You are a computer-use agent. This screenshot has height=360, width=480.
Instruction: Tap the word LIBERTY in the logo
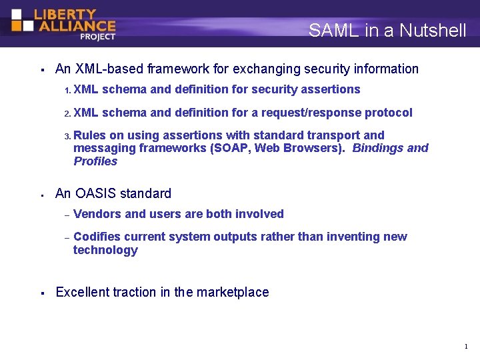click(x=65, y=14)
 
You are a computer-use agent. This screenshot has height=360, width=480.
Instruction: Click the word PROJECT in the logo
click(x=97, y=37)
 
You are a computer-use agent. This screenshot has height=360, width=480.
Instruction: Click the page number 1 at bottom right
click(x=465, y=347)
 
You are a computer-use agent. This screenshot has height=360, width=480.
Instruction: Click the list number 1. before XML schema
click(x=67, y=90)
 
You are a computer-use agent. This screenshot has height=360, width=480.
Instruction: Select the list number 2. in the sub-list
click(x=67, y=113)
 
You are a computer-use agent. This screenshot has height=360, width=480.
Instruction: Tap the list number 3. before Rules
click(x=67, y=136)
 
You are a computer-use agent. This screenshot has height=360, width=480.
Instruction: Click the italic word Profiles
click(x=95, y=161)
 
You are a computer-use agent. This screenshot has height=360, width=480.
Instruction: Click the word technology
click(x=105, y=250)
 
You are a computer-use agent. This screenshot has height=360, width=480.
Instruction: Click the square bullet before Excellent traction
click(x=42, y=293)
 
